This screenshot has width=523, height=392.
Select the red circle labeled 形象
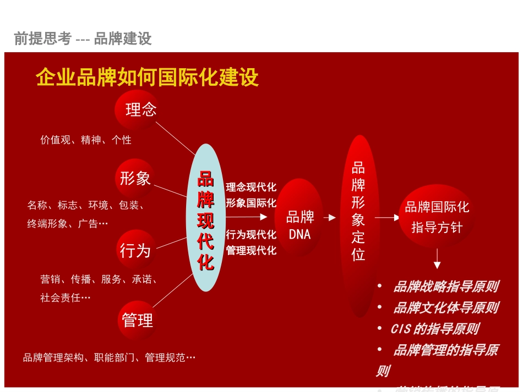click(x=135, y=179)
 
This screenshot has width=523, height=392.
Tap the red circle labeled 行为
click(x=135, y=250)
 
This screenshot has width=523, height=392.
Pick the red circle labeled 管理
click(x=137, y=320)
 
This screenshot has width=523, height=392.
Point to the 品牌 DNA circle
click(x=299, y=225)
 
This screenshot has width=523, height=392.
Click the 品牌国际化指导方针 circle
click(x=437, y=217)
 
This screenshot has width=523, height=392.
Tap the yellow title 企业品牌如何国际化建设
click(x=147, y=78)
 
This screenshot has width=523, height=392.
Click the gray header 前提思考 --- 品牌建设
click(x=83, y=38)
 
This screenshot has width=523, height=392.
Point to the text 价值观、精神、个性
click(x=86, y=140)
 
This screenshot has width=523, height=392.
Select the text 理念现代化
click(x=251, y=187)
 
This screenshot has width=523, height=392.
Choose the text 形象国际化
click(x=251, y=203)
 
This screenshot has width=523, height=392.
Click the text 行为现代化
click(x=251, y=235)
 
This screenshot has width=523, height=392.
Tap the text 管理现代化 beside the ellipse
click(x=251, y=251)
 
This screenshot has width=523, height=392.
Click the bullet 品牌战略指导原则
click(x=445, y=286)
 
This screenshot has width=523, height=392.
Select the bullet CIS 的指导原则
click(x=434, y=329)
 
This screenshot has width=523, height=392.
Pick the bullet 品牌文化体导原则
click(x=445, y=308)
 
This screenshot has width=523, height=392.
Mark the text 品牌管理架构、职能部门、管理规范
click(x=109, y=358)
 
